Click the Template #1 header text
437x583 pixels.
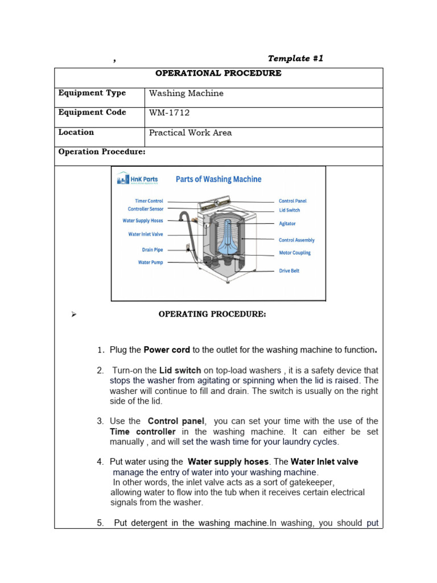point(295,59)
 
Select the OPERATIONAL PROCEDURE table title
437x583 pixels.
point(218,73)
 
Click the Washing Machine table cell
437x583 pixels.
point(186,93)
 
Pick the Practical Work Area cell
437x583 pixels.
point(190,133)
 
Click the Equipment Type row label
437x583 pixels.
point(92,93)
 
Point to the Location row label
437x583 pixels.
point(76,132)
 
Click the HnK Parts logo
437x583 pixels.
point(137,180)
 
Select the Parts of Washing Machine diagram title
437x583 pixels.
point(218,179)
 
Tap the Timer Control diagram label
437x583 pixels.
point(149,201)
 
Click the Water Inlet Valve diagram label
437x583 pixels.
point(145,234)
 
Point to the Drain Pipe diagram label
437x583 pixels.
point(152,249)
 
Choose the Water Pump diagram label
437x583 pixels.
point(150,262)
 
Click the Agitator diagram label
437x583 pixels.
point(287,224)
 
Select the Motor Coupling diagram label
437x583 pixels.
point(295,253)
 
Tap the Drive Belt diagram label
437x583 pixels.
point(288,271)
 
